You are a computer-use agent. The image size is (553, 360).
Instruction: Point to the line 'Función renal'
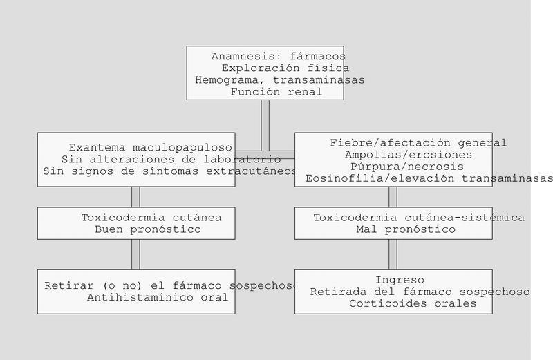276,92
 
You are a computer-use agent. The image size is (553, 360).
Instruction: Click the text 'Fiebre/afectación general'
418,143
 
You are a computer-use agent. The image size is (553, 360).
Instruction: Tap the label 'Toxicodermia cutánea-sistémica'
419,218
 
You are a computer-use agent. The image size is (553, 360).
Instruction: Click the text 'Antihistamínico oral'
158,298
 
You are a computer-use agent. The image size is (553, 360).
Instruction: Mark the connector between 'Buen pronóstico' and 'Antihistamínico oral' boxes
135,254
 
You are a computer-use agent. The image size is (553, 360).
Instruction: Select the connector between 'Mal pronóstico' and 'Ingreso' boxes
393,254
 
